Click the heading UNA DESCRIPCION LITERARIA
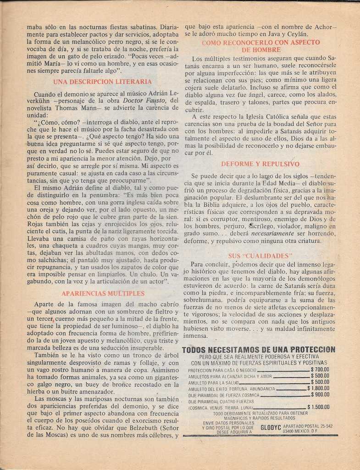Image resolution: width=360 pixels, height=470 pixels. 102,82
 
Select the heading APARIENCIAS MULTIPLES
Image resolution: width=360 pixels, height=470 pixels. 103,293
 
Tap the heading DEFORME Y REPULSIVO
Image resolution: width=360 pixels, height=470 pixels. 260,164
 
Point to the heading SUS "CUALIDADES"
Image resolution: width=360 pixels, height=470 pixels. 260,256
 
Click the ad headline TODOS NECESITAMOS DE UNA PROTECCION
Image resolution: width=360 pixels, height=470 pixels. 259,350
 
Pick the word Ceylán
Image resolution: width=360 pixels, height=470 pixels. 296,34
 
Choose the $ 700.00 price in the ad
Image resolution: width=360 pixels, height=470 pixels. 320,369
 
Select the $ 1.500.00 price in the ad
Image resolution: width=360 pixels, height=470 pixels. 318,407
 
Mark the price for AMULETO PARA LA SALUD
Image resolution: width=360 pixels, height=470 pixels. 320,382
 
